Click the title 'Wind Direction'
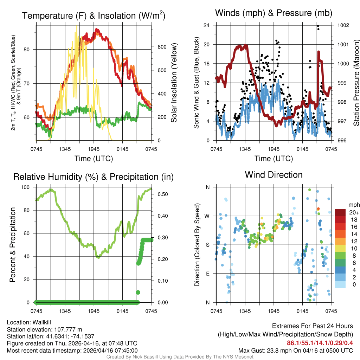(x=274, y=175)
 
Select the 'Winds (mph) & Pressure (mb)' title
(x=274, y=13)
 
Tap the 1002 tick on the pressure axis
(x=342, y=25)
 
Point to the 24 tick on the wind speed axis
(x=207, y=25)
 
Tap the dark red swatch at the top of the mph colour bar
(x=340, y=212)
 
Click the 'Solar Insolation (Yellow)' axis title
(x=174, y=83)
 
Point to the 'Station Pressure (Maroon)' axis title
(x=356, y=83)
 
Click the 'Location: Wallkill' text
(x=29, y=322)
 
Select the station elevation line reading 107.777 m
(x=44, y=329)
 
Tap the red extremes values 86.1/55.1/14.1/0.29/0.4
(x=320, y=343)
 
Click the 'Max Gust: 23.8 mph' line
(x=296, y=350)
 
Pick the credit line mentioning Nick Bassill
(x=180, y=357)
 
